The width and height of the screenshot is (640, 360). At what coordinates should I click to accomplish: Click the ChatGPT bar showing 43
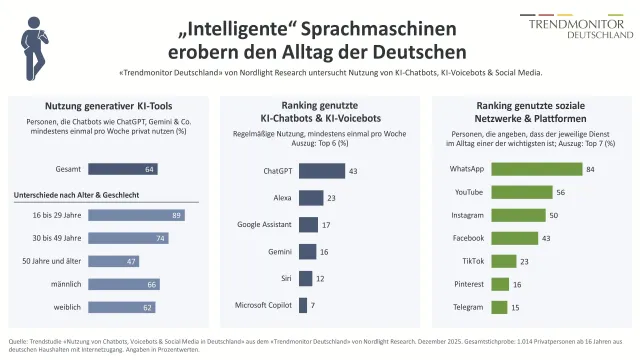click(x=322, y=171)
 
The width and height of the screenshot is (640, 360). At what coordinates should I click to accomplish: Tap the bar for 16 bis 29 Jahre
click(x=135, y=215)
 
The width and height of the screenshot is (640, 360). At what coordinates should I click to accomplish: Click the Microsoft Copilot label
click(x=263, y=305)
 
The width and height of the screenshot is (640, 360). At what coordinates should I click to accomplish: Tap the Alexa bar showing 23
click(x=311, y=198)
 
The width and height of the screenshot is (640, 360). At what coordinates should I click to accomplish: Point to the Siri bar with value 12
click(x=305, y=279)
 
